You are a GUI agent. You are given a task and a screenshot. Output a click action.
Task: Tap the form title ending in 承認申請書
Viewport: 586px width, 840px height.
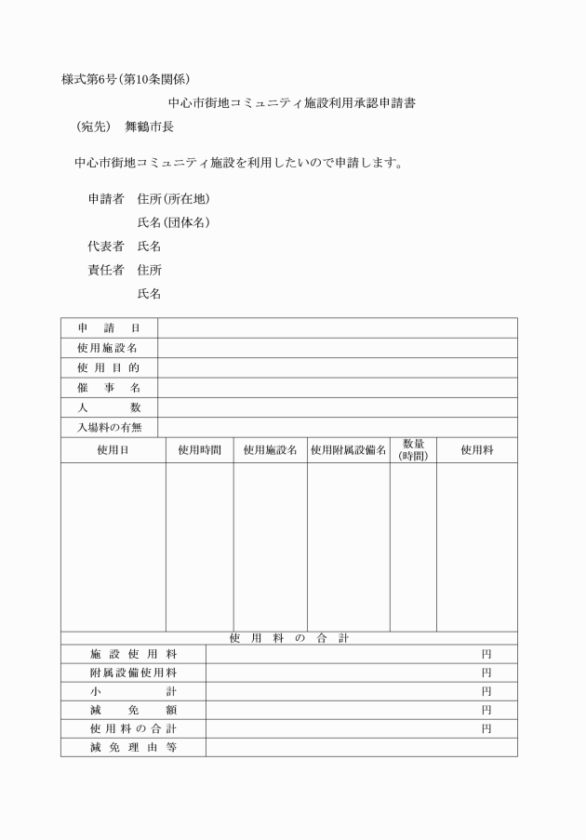pyautogui.click(x=291, y=103)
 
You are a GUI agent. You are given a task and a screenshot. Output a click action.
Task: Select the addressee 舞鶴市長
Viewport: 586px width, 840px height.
pyautogui.click(x=150, y=127)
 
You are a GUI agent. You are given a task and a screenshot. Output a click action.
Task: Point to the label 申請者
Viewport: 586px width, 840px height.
pyautogui.click(x=106, y=199)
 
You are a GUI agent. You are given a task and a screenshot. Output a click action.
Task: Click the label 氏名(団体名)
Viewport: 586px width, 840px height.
pyautogui.click(x=174, y=223)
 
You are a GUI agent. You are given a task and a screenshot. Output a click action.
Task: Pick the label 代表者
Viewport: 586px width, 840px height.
pyautogui.click(x=106, y=247)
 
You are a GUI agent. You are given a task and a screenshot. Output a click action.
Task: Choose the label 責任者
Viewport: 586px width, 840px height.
pyautogui.click(x=106, y=271)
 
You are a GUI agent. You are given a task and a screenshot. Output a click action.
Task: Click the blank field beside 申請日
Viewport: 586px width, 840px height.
pyautogui.click(x=337, y=327)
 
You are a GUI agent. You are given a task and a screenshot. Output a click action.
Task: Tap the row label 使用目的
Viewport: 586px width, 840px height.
pyautogui.click(x=109, y=367)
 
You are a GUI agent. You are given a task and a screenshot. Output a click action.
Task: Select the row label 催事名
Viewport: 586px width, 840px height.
pyautogui.click(x=109, y=388)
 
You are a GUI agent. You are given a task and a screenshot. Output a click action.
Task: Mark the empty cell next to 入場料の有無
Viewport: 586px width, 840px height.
pyautogui.click(x=337, y=428)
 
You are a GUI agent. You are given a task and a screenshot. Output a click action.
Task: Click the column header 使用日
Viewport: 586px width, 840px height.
pyautogui.click(x=113, y=450)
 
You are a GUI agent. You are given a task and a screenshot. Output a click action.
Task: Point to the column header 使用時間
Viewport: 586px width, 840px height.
pyautogui.click(x=199, y=450)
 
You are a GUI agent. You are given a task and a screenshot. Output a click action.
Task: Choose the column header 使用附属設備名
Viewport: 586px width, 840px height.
pyautogui.click(x=348, y=450)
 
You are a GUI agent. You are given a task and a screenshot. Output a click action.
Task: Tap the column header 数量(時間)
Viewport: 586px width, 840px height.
pyautogui.click(x=413, y=450)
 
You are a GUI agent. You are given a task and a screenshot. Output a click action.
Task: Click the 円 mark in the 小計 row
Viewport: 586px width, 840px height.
pyautogui.click(x=486, y=692)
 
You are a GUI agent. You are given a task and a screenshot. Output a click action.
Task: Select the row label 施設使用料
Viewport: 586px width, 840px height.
pyautogui.click(x=133, y=654)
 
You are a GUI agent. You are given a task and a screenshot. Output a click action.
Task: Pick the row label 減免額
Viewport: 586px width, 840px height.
pyautogui.click(x=133, y=711)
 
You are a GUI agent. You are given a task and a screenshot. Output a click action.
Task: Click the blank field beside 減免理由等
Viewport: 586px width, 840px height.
pyautogui.click(x=361, y=747)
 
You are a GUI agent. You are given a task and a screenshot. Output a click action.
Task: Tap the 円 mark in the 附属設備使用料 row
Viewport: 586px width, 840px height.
pyautogui.click(x=486, y=673)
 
